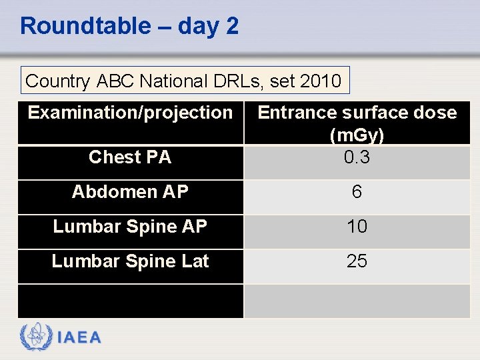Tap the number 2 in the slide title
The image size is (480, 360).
[232, 26]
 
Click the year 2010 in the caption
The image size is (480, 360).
[321, 81]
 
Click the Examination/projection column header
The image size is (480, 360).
[130, 113]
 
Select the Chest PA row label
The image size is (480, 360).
[130, 157]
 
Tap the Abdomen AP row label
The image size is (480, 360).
[130, 192]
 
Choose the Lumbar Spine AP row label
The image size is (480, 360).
[130, 227]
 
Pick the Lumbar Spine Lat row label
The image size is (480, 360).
[130, 261]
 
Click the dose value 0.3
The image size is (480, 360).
[357, 157]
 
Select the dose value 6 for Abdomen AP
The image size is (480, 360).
[357, 192]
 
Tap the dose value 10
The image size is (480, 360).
[357, 227]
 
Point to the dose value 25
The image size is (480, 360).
[357, 261]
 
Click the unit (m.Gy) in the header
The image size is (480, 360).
[357, 135]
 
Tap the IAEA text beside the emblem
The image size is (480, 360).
[79, 338]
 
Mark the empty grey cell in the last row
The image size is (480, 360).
[357, 301]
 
